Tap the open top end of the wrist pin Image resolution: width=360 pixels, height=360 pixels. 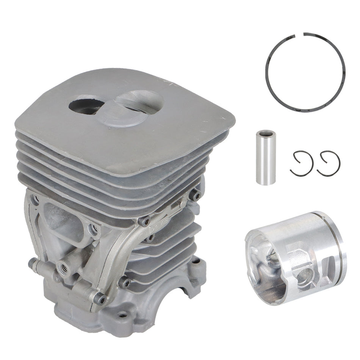tap(265, 133)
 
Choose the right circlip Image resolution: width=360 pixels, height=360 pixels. tap(328, 163)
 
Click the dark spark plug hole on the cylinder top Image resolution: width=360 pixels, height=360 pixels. tap(85, 105)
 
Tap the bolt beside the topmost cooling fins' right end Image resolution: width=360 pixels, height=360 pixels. tap(195, 195)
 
